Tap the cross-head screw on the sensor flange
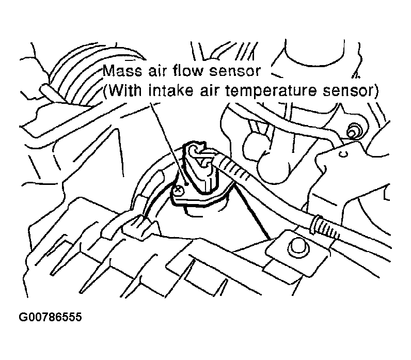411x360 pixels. click(178, 191)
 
